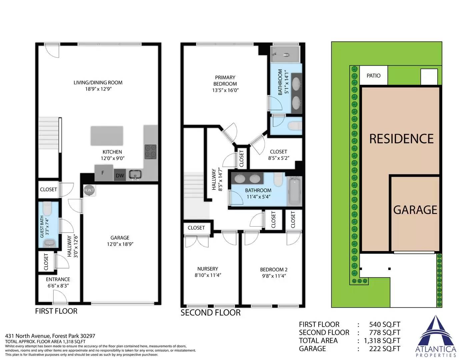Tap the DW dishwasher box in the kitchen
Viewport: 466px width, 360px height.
[120, 175]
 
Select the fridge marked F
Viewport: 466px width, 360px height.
[104, 173]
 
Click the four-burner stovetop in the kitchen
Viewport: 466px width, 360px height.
[151, 152]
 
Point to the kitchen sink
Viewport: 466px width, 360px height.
[135, 175]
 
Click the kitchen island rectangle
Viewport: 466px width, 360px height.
[107, 136]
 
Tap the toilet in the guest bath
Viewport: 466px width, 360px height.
[47, 209]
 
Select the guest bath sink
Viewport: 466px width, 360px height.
[50, 243]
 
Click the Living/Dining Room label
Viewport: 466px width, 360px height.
[98, 83]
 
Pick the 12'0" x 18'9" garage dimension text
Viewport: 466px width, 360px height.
[120, 244]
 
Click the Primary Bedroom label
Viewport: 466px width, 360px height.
[225, 81]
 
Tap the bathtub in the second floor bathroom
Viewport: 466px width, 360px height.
[295, 191]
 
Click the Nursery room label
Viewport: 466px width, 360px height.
[208, 269]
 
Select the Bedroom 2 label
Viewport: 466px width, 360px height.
[274, 270]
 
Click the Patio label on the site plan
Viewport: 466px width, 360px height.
[373, 76]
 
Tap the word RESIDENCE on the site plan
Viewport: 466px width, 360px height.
[401, 139]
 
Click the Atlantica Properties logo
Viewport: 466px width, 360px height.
[436, 337]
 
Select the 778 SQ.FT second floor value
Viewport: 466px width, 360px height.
[385, 333]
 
